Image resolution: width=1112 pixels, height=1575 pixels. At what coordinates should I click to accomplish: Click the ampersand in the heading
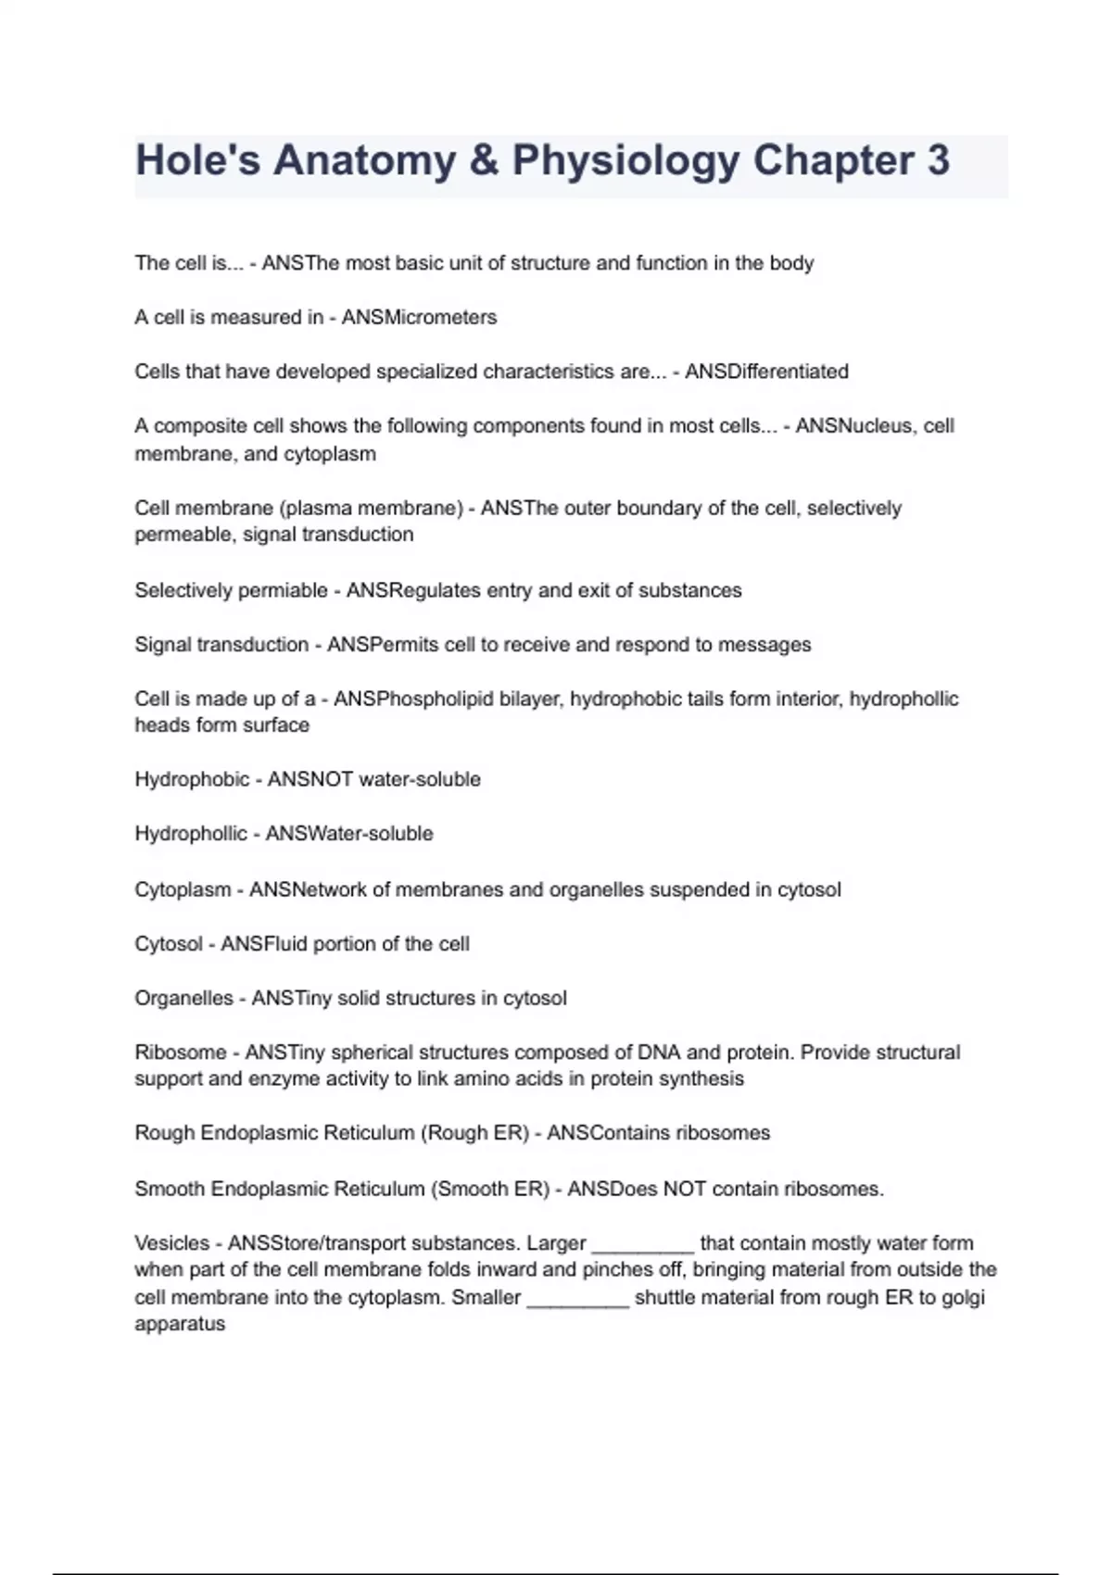click(x=484, y=160)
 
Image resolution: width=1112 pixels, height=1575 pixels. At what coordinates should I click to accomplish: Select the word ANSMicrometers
click(x=419, y=318)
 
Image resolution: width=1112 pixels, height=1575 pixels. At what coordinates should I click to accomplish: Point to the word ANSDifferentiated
click(x=766, y=372)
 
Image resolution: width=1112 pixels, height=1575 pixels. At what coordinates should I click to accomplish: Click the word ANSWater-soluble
click(x=349, y=834)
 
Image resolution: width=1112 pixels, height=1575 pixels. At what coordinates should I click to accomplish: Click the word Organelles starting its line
click(x=183, y=999)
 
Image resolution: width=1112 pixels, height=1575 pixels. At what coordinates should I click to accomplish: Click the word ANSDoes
click(x=613, y=1189)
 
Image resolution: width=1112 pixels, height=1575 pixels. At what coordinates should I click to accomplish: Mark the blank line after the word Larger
click(x=642, y=1247)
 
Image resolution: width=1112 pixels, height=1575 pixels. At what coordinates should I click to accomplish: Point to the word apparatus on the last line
click(x=180, y=1325)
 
